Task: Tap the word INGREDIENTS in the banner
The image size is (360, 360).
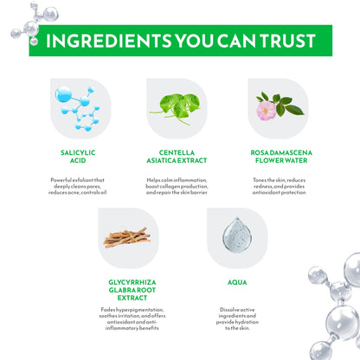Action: [109, 41]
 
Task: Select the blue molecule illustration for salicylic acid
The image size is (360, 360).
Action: [78, 108]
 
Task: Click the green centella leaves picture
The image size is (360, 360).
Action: [176, 109]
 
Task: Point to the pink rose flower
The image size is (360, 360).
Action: [267, 111]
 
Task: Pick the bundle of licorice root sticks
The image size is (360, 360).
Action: [127, 238]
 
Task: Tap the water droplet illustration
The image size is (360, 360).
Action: [237, 235]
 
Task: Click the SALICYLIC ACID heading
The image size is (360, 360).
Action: [78, 157]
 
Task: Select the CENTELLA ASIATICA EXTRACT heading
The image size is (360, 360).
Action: [177, 157]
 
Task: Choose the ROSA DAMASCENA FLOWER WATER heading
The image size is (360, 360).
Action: [281, 157]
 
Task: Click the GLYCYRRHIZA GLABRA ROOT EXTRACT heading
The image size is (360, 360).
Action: [132, 290]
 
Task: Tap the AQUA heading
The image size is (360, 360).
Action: [237, 282]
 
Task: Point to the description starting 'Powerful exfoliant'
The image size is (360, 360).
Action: [78, 186]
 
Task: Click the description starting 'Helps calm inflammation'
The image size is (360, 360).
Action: [177, 186]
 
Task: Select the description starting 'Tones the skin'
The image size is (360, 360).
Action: [279, 186]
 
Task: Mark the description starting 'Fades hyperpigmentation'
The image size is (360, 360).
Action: [132, 318]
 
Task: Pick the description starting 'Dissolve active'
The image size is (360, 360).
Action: [237, 318]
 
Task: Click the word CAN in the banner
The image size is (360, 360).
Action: [236, 41]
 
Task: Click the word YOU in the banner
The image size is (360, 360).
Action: [194, 41]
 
